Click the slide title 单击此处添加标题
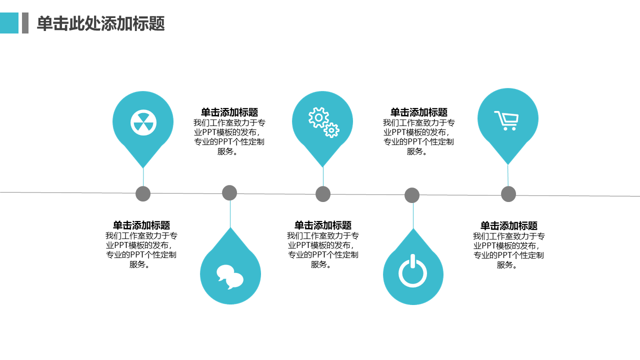click(101, 23)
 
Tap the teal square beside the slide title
click(9, 23)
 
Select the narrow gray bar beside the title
click(25, 23)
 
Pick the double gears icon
click(323, 122)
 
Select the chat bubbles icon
click(230, 276)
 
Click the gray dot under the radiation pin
click(143, 193)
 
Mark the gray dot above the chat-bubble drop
click(229, 192)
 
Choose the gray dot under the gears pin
click(323, 194)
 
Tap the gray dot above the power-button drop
click(412, 195)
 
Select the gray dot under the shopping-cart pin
click(508, 194)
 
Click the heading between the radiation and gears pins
click(229, 112)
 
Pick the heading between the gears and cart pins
click(419, 112)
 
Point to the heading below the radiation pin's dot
click(141, 225)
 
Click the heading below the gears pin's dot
click(323, 225)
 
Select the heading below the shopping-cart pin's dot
click(509, 225)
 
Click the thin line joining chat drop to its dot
click(230, 214)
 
